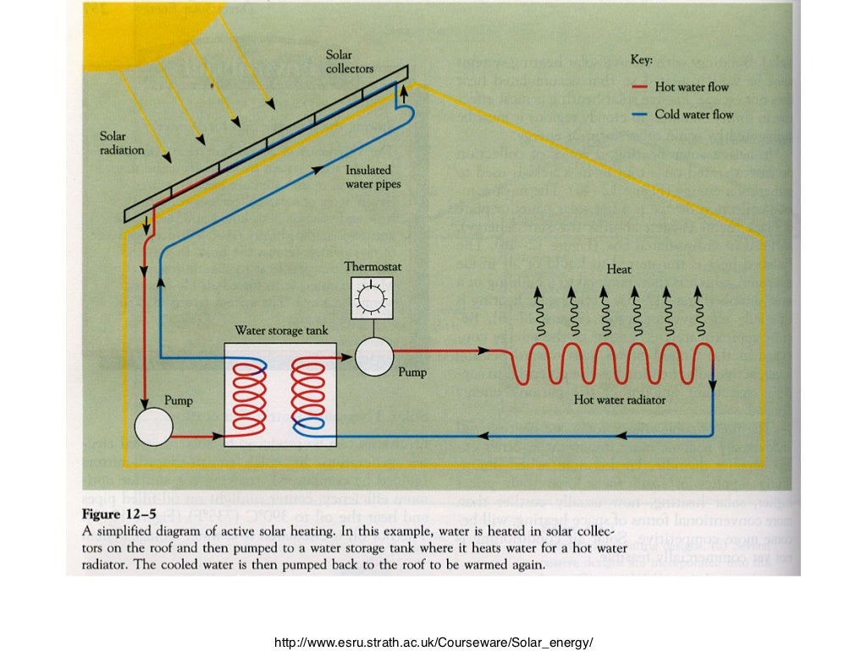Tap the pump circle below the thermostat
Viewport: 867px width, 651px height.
click(374, 355)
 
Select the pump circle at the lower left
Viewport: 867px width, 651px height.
click(153, 426)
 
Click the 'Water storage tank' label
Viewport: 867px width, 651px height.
click(281, 331)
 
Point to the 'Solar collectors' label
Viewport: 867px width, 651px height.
click(350, 62)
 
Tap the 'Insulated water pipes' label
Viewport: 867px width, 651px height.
click(373, 176)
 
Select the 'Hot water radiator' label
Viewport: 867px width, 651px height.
click(620, 399)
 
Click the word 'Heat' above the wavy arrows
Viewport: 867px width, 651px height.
click(618, 269)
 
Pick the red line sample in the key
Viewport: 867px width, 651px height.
click(639, 86)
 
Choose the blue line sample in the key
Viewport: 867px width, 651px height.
click(639, 114)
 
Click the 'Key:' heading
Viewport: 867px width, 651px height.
click(642, 60)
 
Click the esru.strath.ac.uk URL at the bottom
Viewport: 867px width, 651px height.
click(433, 643)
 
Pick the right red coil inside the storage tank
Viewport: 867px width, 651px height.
click(307, 392)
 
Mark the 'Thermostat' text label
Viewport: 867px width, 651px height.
click(373, 266)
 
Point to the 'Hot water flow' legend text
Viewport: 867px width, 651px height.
click(691, 86)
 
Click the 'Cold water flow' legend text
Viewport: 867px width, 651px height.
click(693, 114)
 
